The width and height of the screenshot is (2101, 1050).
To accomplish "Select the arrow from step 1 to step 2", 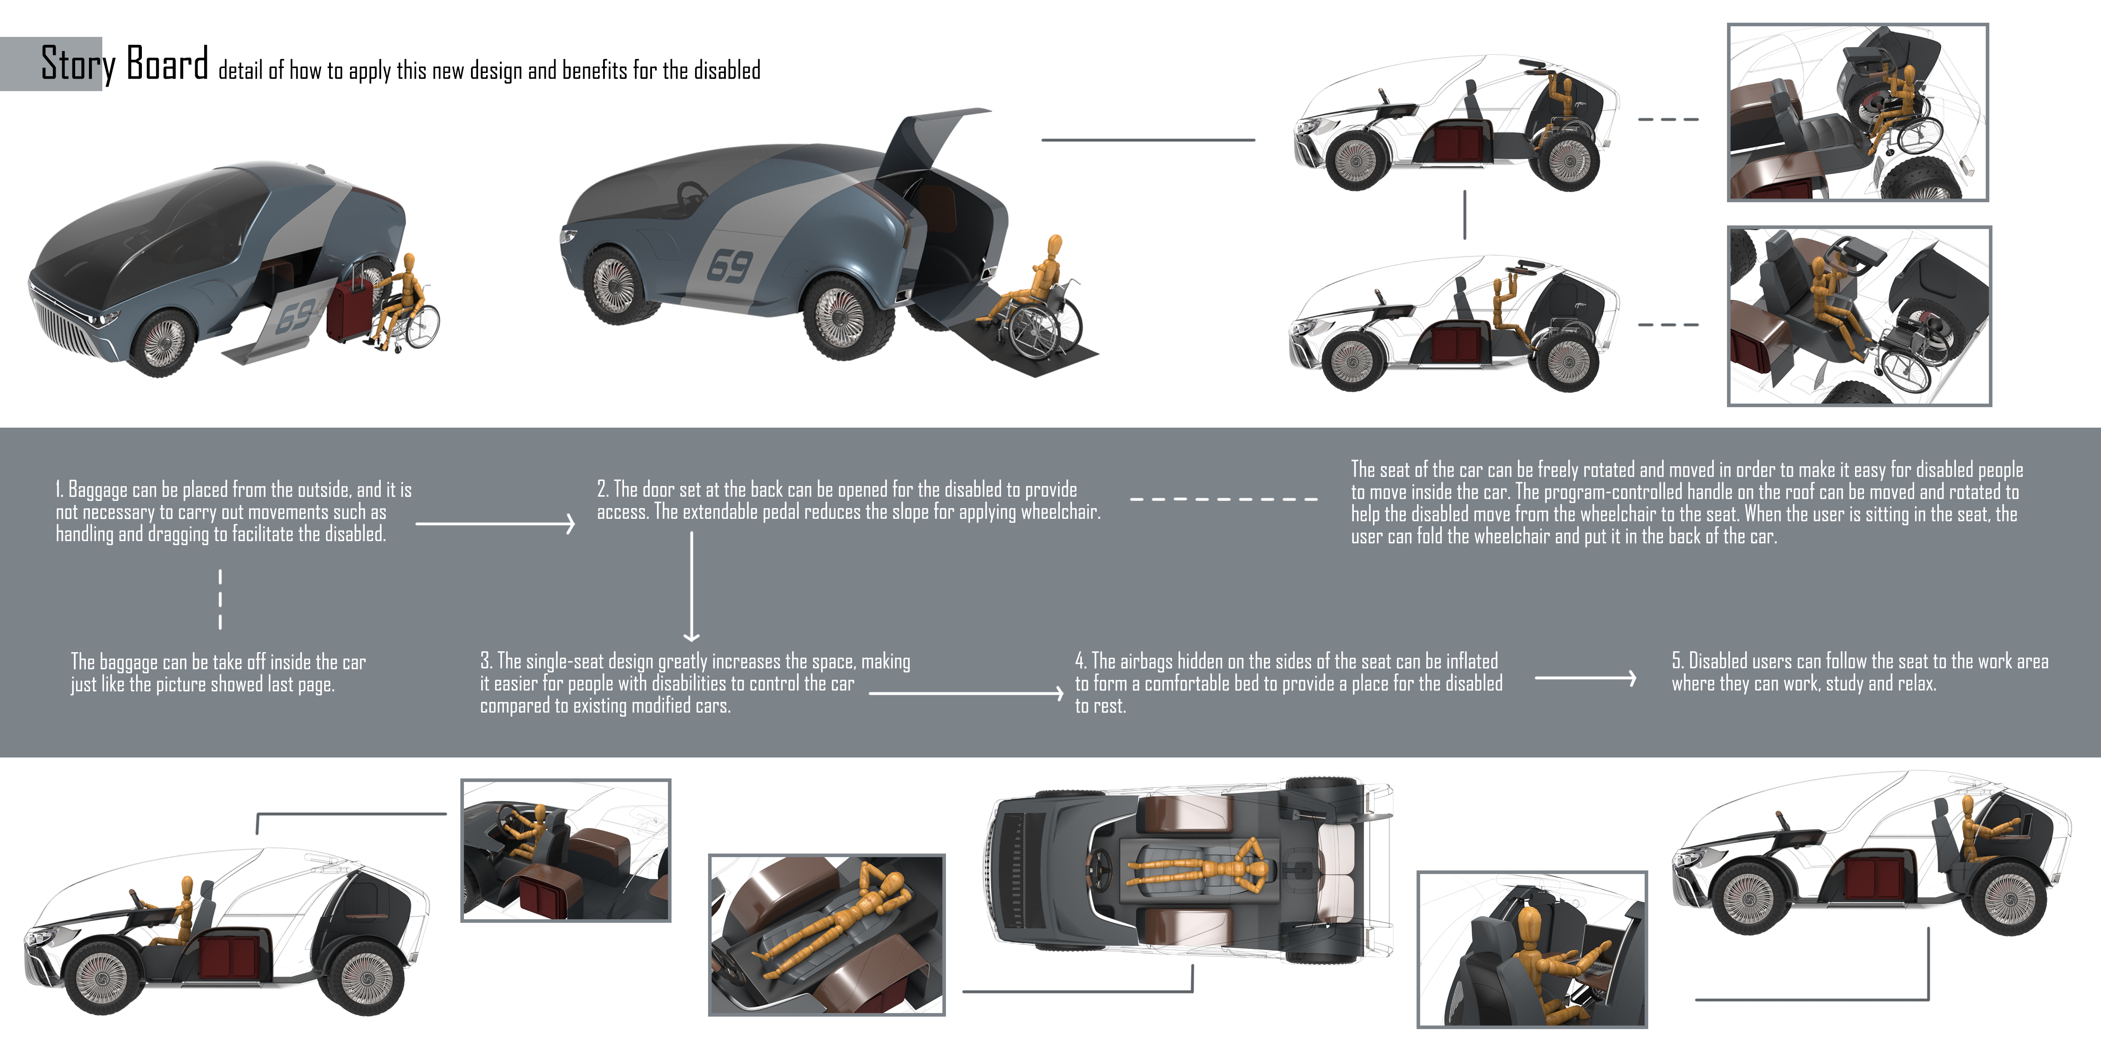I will click(495, 523).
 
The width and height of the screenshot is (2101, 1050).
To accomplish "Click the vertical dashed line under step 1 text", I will click(220, 599).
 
